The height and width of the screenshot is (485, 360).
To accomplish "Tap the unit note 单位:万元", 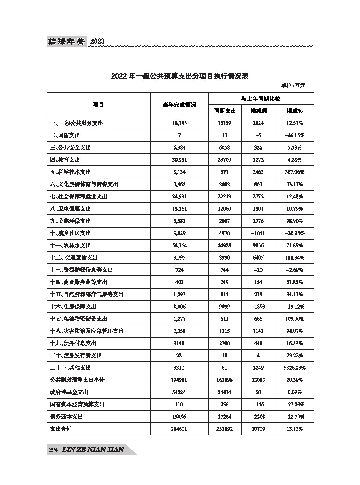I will (x=293, y=85).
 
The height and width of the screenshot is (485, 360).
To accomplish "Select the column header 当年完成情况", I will (x=179, y=105).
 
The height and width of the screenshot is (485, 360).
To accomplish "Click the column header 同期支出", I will (x=225, y=111).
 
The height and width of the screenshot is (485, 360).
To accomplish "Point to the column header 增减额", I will (x=258, y=111).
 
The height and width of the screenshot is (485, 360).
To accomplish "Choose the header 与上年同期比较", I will (x=260, y=99).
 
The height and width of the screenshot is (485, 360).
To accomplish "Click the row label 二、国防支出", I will (x=65, y=135).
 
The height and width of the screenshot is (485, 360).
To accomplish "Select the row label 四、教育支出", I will (x=65, y=160).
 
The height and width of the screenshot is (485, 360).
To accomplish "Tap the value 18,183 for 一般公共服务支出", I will (x=179, y=123).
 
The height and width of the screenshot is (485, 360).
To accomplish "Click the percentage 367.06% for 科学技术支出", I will (x=294, y=172).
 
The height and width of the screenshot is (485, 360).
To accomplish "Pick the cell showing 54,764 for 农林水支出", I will (x=179, y=245).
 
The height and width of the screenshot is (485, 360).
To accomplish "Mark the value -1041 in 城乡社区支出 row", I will (x=258, y=233).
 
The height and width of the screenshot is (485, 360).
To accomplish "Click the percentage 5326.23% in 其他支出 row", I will (x=294, y=368).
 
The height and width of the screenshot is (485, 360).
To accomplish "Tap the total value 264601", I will (x=179, y=429).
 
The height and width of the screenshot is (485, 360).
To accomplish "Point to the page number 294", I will (x=53, y=450).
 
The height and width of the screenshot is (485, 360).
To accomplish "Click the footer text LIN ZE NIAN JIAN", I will (x=92, y=450).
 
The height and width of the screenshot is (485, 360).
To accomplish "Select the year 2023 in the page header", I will (x=97, y=41).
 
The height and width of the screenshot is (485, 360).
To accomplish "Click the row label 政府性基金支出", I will (x=69, y=392).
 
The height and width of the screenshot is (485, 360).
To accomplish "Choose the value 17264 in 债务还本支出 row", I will (x=225, y=417).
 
